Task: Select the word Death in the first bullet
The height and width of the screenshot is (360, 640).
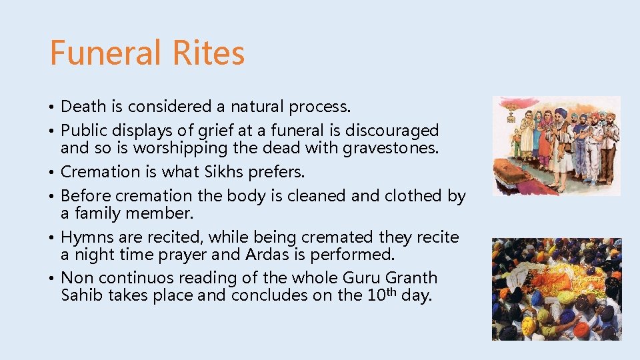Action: point(83,107)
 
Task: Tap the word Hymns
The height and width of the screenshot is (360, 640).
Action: point(84,237)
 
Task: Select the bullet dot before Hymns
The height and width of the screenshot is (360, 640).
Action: point(53,238)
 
